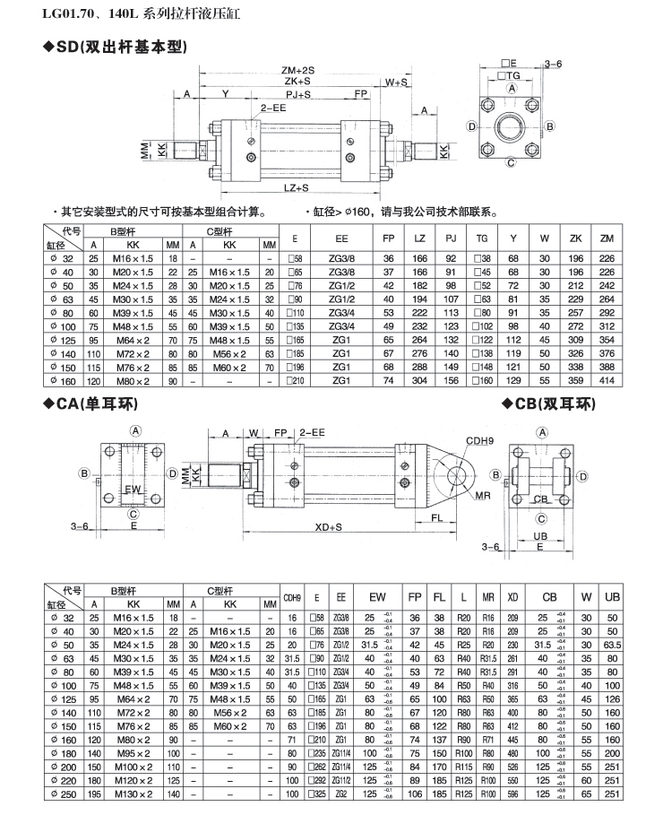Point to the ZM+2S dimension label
pyautogui.click(x=298, y=69)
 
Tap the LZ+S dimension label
pyautogui.click(x=296, y=188)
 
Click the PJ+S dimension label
pyautogui.click(x=298, y=93)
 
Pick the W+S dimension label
pyautogui.click(x=397, y=82)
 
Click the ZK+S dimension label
pyautogui.click(x=297, y=81)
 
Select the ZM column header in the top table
pyautogui.click(x=607, y=239)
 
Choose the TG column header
pyautogui.click(x=483, y=239)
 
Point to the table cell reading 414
pyautogui.click(x=607, y=380)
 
